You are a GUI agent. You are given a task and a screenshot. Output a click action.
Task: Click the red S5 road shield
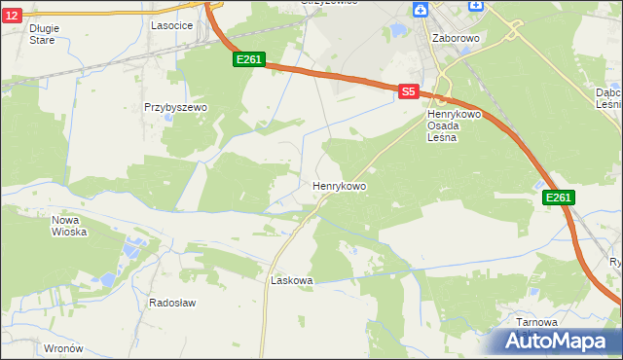(408, 91)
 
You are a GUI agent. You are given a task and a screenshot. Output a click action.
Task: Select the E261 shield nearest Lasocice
(248, 60)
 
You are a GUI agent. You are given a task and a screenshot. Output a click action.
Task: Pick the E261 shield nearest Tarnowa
(558, 198)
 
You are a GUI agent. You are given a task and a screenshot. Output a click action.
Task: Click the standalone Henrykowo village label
(340, 185)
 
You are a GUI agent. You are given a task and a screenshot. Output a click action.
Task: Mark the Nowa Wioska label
(69, 226)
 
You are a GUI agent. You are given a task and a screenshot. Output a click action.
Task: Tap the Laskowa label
(291, 280)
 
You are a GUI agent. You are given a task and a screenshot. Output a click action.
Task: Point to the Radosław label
(172, 303)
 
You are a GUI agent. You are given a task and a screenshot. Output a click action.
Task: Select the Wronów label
(64, 347)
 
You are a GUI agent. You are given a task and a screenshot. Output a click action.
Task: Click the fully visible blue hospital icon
(421, 10)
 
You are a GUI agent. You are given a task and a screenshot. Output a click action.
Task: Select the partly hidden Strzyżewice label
(329, 3)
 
